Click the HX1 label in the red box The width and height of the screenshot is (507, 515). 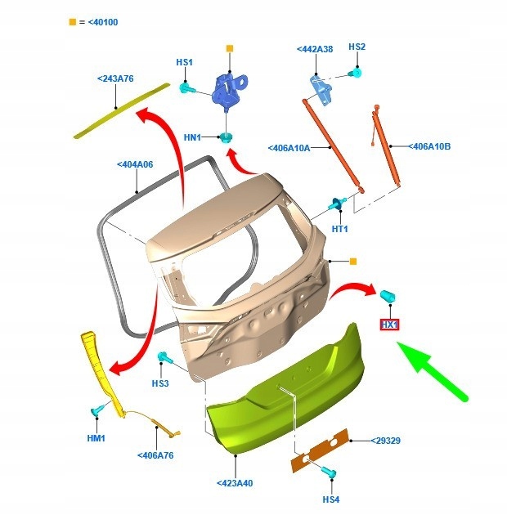click(x=389, y=325)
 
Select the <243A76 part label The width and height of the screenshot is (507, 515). click(x=115, y=78)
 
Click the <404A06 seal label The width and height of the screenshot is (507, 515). click(x=135, y=164)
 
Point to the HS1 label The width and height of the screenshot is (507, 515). click(x=184, y=62)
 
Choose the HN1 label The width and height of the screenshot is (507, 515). click(x=192, y=137)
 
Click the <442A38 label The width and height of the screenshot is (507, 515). click(x=315, y=49)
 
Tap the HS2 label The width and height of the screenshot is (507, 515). click(x=357, y=47)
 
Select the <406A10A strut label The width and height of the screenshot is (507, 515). click(x=289, y=148)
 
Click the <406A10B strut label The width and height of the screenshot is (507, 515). click(x=430, y=146)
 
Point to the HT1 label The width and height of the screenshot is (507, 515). click(x=340, y=229)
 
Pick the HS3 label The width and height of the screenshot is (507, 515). click(x=159, y=383)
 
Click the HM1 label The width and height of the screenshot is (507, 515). click(x=96, y=438)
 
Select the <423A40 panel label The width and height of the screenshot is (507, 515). click(x=235, y=483)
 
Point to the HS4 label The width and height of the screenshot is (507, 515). click(x=330, y=499)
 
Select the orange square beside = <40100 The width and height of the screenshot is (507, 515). click(x=73, y=21)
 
